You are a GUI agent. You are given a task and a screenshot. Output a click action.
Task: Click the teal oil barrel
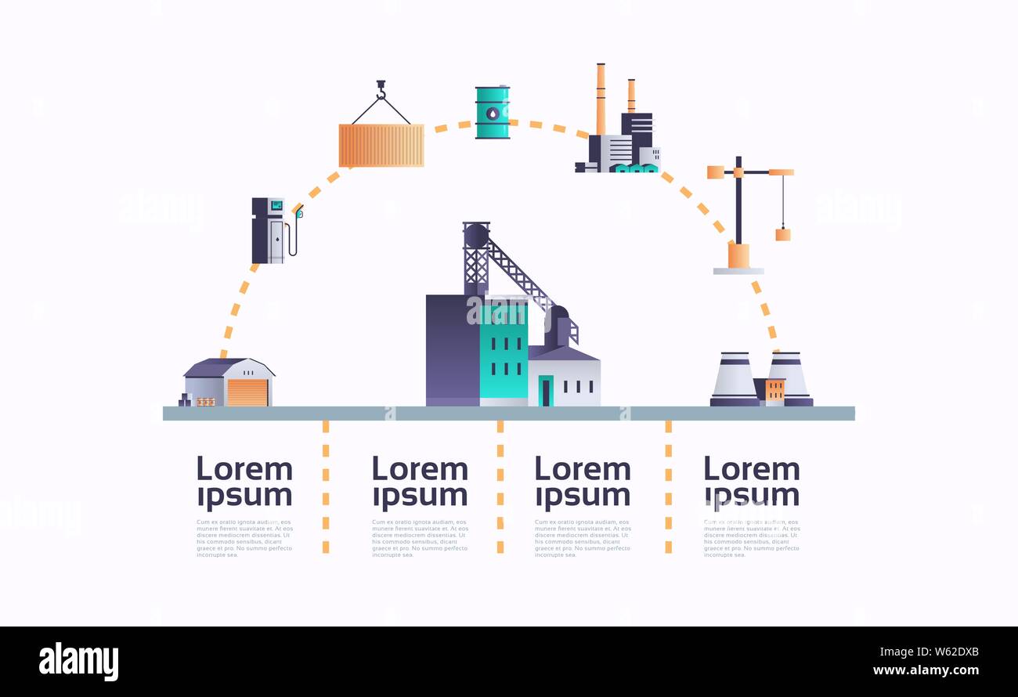click(x=493, y=113)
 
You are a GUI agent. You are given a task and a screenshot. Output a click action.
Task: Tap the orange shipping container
click(x=381, y=145)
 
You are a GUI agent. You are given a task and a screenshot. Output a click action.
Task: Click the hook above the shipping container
click(x=381, y=90)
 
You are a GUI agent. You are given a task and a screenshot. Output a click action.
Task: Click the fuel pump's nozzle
click(x=298, y=211)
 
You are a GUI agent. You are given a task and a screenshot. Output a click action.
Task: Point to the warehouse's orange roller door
click(x=248, y=392)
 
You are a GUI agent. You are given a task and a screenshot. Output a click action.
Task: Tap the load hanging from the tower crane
click(x=782, y=234)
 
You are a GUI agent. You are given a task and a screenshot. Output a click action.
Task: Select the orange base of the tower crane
click(x=738, y=255)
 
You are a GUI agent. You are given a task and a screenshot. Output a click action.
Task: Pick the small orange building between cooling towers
click(x=774, y=390)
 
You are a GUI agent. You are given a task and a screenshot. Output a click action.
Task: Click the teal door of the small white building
click(x=546, y=391)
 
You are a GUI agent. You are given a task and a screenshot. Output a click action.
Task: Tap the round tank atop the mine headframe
click(x=475, y=236)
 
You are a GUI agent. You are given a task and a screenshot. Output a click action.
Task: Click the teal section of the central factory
click(x=504, y=352)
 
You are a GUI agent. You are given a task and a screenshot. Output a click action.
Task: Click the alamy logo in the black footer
click(x=78, y=661)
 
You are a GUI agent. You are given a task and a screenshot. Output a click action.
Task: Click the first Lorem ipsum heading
click(x=244, y=482)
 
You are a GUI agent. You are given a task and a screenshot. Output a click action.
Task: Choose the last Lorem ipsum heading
click(x=752, y=482)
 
